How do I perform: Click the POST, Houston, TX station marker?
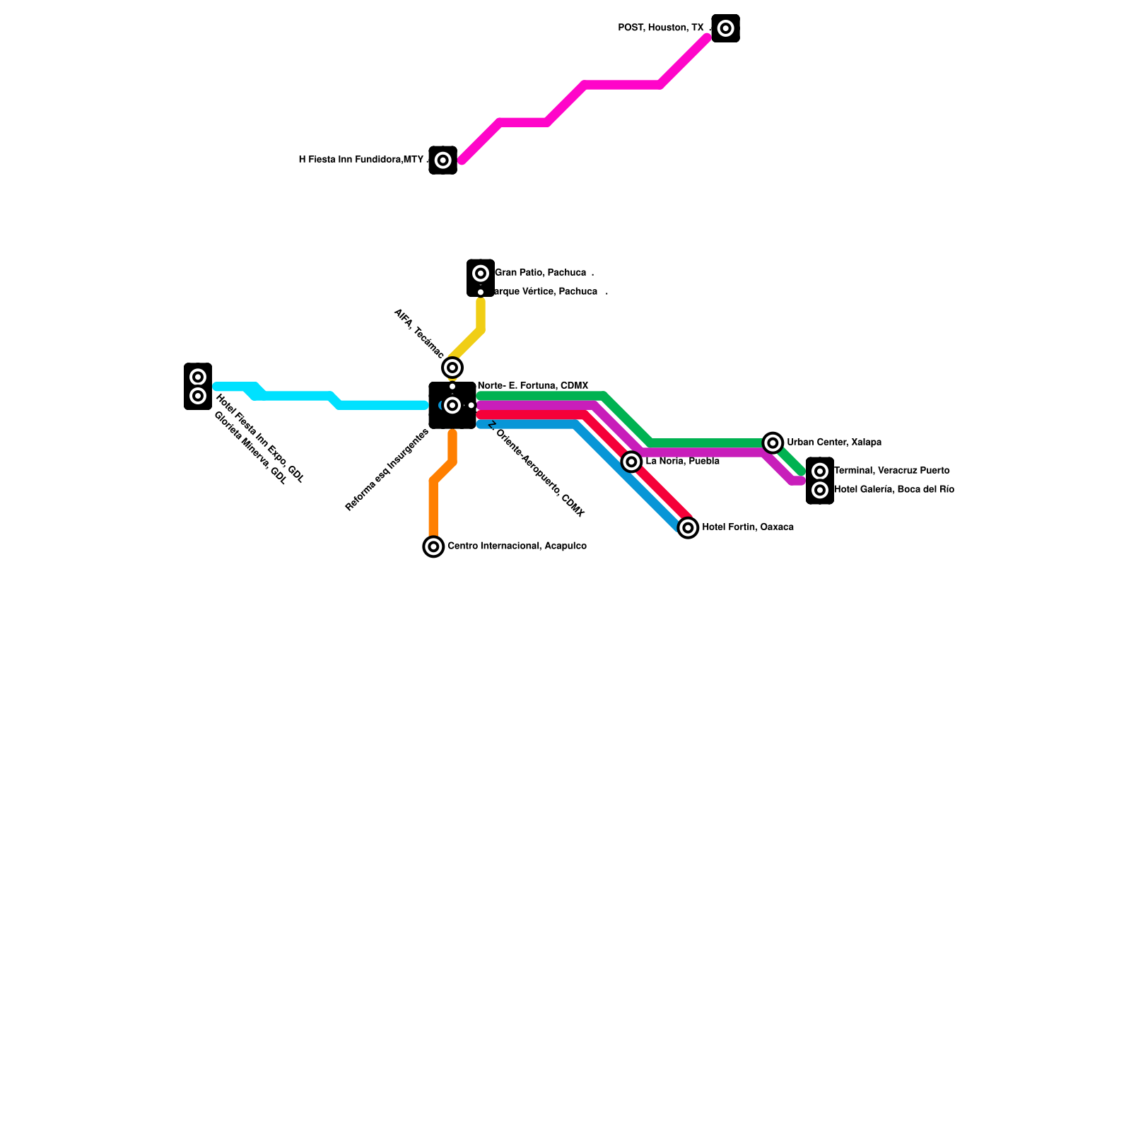[725, 28]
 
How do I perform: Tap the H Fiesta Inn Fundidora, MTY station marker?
[443, 160]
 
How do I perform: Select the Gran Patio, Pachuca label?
[540, 273]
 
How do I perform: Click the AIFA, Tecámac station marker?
[452, 368]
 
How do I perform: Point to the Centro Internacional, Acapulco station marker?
[433, 546]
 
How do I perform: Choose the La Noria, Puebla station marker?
[632, 462]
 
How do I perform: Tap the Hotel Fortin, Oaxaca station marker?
[688, 527]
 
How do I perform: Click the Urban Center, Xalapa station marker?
[773, 443]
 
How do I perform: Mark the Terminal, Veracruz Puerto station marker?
[820, 471]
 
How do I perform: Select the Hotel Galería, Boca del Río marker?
[820, 490]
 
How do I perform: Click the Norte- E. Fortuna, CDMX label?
[533, 386]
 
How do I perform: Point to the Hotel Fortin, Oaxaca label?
[748, 527]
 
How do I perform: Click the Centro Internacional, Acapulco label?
[517, 546]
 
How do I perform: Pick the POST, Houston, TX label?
[661, 28]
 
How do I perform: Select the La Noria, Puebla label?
[682, 462]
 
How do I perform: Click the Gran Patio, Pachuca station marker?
[481, 273]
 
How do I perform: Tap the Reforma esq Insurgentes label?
[387, 471]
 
